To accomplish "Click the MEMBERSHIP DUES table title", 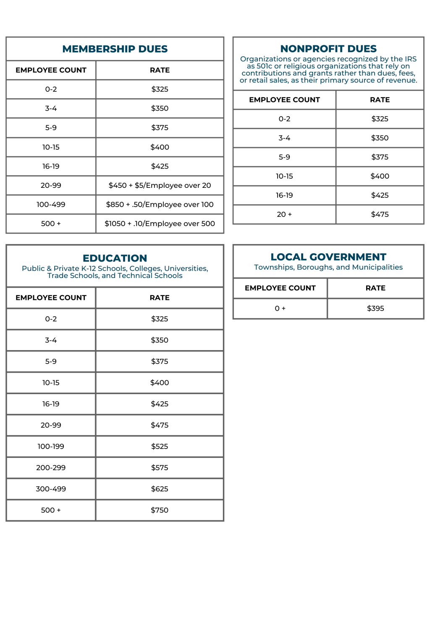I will [x=115, y=49].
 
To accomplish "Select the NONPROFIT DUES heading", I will [x=328, y=49].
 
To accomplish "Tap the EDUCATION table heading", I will [x=115, y=258].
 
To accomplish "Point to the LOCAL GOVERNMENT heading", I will [x=328, y=257].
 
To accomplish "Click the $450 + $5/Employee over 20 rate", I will [x=160, y=185].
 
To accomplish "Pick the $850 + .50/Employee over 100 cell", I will [x=160, y=205].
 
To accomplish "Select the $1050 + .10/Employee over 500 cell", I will [x=160, y=223].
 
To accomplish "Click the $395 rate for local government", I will [x=375, y=309].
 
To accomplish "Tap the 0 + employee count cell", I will [x=280, y=309].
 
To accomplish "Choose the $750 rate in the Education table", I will [x=160, y=510].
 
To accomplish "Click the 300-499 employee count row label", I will [x=51, y=489].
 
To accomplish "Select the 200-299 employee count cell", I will [x=51, y=467].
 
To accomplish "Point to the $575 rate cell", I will [x=160, y=467].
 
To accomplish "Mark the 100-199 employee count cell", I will [x=51, y=447].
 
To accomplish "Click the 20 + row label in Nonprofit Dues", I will [x=284, y=214].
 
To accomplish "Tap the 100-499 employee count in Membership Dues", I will [x=51, y=205].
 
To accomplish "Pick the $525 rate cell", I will [x=160, y=447].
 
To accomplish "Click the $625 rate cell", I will [x=160, y=489].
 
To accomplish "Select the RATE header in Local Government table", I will [x=375, y=288].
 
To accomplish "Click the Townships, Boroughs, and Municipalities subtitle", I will [x=328, y=267].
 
